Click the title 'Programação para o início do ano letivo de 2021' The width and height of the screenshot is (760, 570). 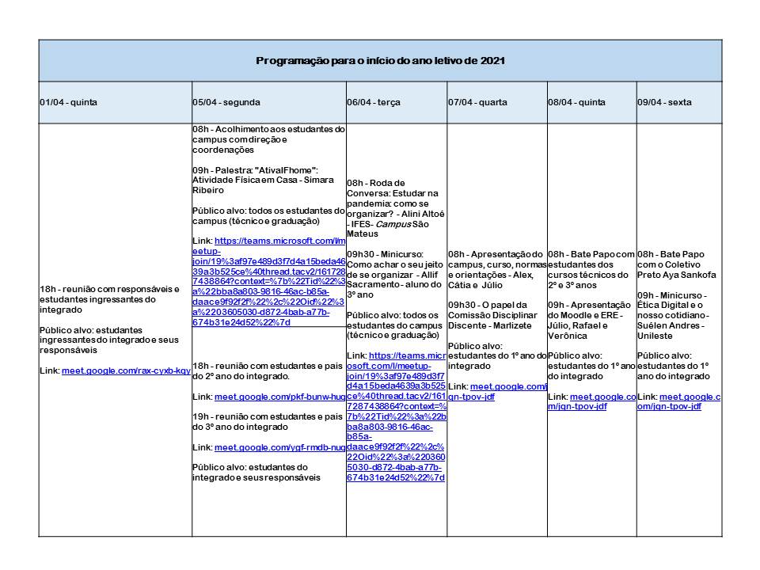click(380, 61)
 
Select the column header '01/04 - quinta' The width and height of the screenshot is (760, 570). click(68, 102)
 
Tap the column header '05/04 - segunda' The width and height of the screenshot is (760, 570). click(226, 102)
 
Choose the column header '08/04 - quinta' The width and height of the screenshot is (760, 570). click(576, 102)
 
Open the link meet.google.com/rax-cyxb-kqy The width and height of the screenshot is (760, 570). click(126, 370)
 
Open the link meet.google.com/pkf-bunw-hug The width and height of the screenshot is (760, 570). click(279, 396)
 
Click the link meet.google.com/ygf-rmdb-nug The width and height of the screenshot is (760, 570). click(279, 447)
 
